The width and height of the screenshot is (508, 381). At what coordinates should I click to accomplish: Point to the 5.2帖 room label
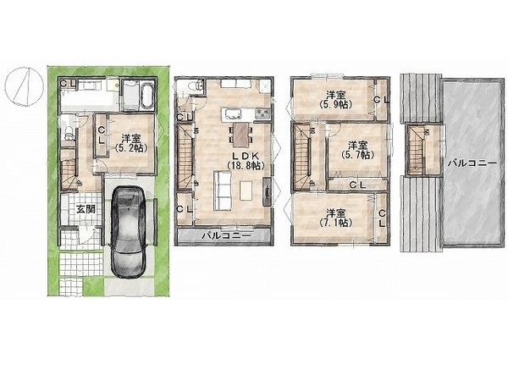(x=130, y=142)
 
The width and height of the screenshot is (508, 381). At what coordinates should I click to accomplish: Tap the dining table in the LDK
(x=242, y=134)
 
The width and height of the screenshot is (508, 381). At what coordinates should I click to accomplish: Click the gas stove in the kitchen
(x=262, y=113)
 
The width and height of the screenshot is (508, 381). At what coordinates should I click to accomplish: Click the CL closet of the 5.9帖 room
(x=382, y=98)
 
